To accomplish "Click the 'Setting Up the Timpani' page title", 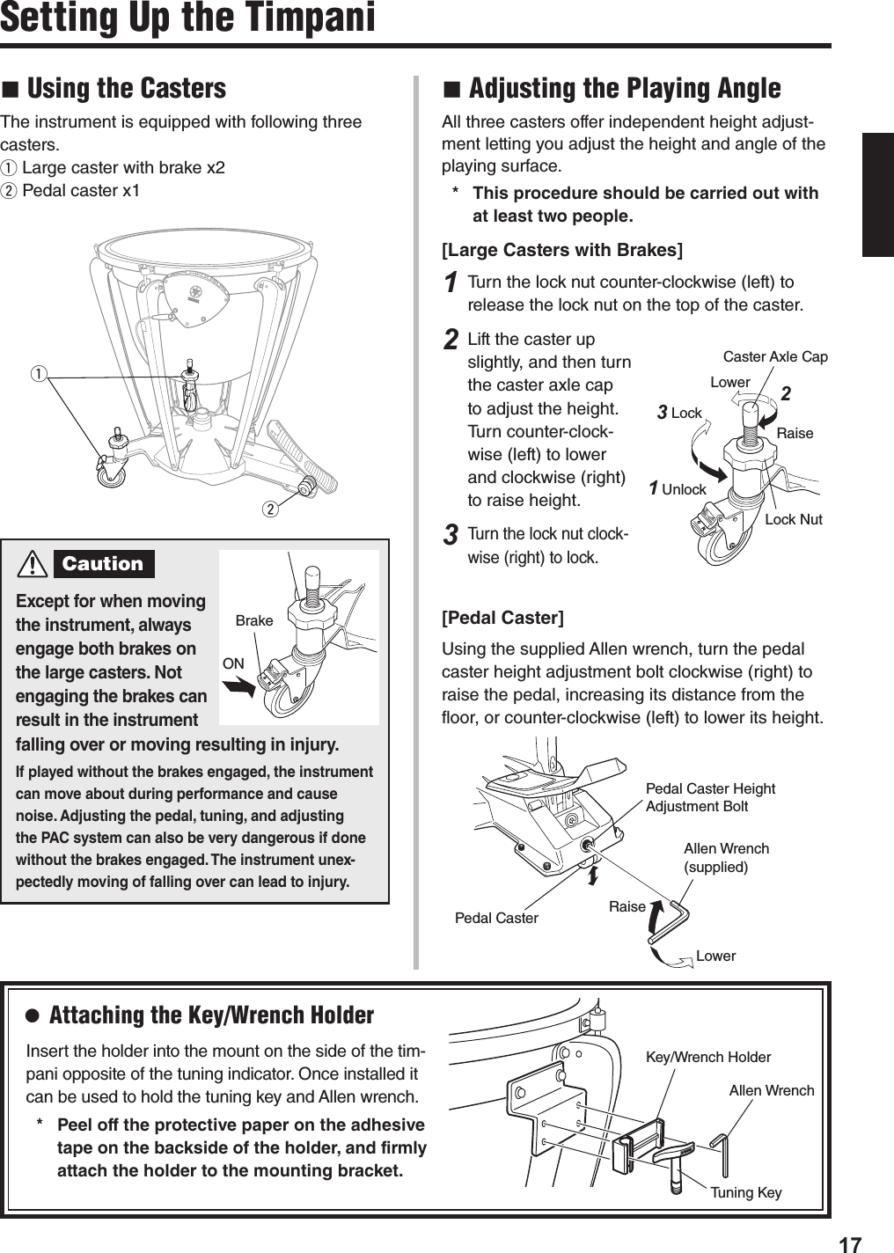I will click(187, 18).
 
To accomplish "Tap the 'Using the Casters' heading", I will click(127, 88).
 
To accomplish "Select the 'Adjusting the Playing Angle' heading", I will click(624, 88).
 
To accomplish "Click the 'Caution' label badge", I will click(103, 564).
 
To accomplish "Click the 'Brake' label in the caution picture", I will click(254, 620).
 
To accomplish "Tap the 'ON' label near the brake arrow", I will click(233, 663).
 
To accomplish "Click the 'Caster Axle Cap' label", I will click(774, 356).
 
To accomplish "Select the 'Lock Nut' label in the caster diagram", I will click(793, 519).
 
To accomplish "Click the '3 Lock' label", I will click(679, 413).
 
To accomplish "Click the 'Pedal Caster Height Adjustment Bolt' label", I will click(710, 797).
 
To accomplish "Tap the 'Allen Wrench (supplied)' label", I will click(726, 857).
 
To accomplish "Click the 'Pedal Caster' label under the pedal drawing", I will click(496, 918).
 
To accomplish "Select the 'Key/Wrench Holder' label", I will click(707, 1057).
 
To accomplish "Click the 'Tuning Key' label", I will click(745, 1192).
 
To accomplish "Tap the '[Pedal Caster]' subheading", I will click(502, 618).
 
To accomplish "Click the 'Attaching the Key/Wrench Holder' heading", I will click(211, 1015).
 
